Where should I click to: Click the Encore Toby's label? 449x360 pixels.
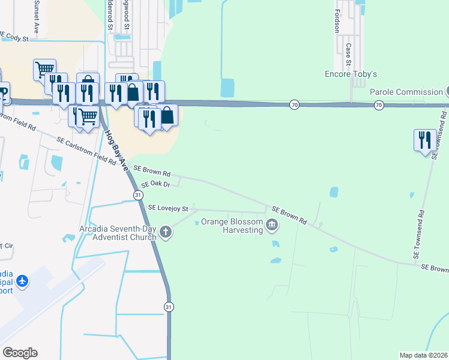click(x=350, y=74)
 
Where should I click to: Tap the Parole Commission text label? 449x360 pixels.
click(x=406, y=92)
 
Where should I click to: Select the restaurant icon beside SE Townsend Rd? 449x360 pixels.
click(x=425, y=140)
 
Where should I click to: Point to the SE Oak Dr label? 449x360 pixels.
click(x=156, y=185)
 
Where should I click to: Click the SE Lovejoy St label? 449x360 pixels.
click(x=168, y=208)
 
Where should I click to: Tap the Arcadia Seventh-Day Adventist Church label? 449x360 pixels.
click(x=118, y=233)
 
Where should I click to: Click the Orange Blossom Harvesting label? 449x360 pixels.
click(x=232, y=225)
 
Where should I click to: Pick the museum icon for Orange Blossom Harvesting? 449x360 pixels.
click(x=272, y=226)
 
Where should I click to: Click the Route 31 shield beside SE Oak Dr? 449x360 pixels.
click(x=138, y=196)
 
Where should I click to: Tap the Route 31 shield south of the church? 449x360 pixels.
click(x=169, y=307)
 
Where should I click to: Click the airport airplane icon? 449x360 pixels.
click(x=22, y=281)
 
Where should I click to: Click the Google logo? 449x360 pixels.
click(x=20, y=353)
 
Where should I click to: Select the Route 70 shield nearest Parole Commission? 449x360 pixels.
click(x=379, y=105)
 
